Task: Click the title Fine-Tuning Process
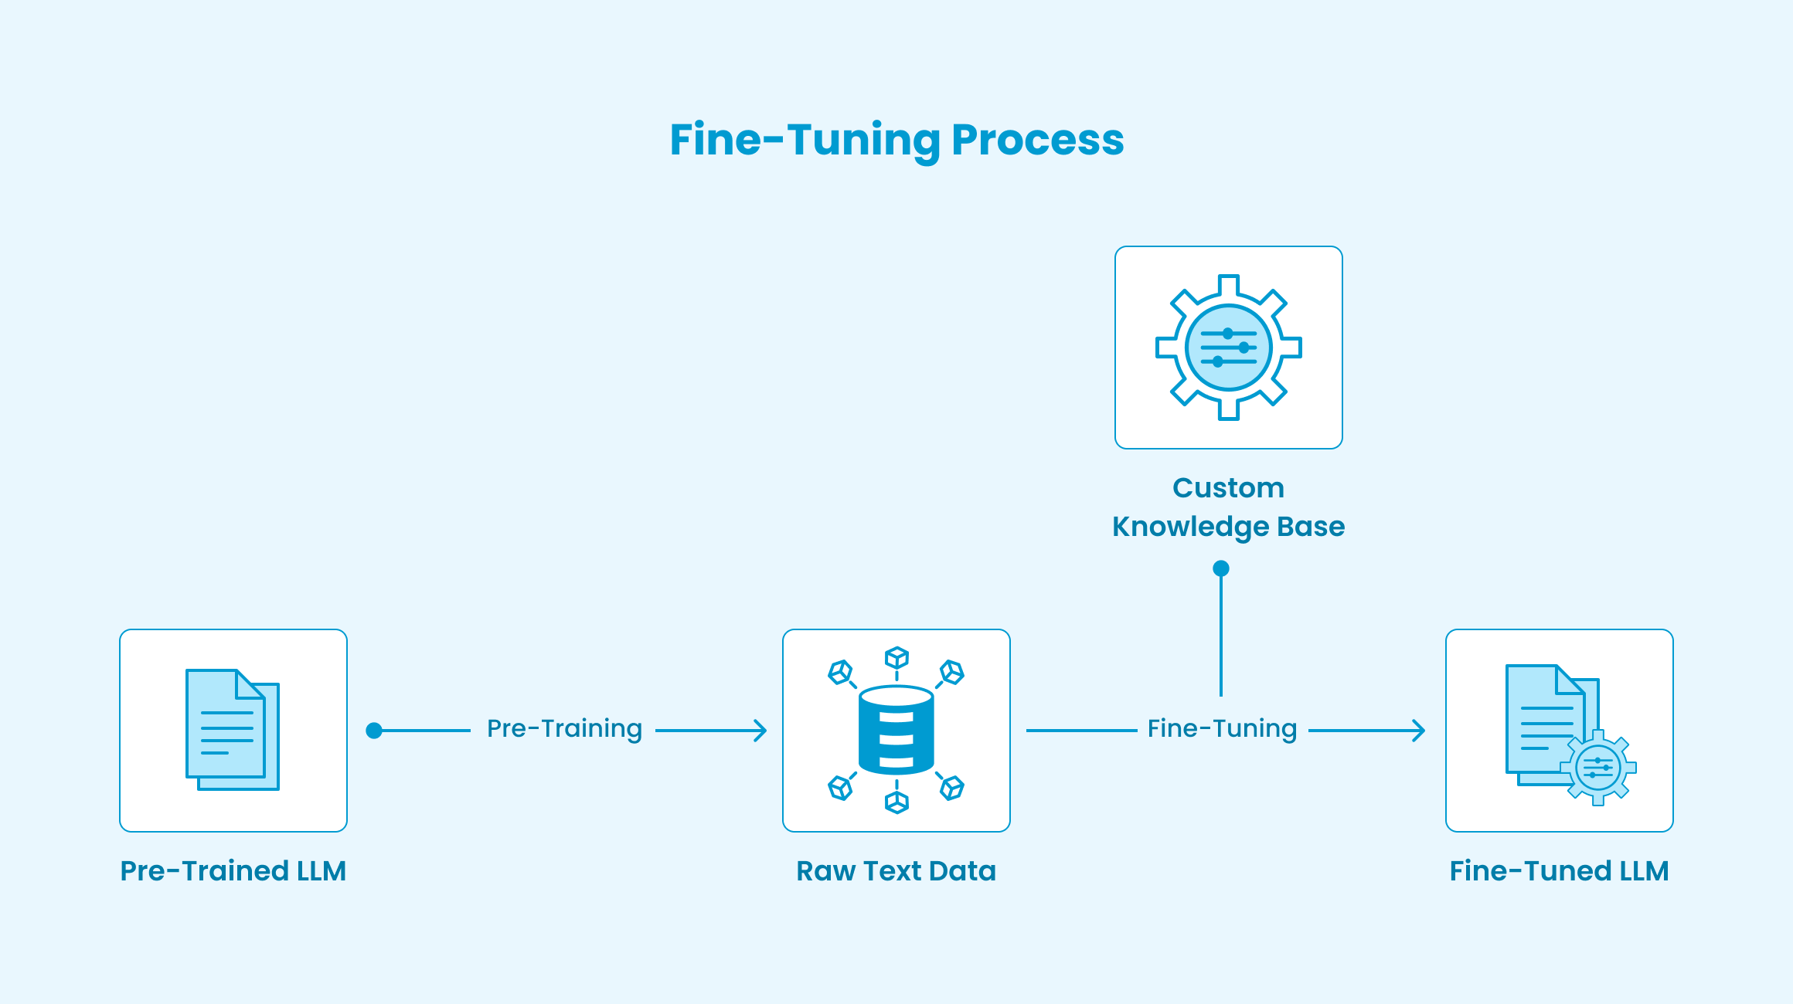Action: click(x=896, y=140)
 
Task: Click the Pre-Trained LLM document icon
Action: click(x=233, y=730)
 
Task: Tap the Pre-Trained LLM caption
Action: click(x=233, y=871)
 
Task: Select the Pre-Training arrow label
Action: click(x=564, y=729)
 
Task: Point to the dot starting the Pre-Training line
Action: click(x=374, y=731)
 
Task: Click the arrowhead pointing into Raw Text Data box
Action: click(x=761, y=731)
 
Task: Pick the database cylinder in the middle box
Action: click(x=896, y=731)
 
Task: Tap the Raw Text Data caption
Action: click(x=896, y=871)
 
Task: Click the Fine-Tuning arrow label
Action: click(x=1222, y=729)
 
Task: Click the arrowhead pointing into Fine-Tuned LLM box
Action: click(x=1420, y=731)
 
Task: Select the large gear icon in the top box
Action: click(x=1229, y=348)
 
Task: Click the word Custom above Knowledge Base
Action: click(x=1229, y=488)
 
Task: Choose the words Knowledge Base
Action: click(x=1229, y=527)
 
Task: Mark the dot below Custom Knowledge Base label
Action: click(x=1221, y=569)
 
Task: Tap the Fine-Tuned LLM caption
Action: click(x=1560, y=871)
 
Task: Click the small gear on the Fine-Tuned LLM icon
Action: click(x=1597, y=768)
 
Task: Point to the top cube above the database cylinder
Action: click(x=896, y=658)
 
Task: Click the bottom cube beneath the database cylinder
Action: click(x=896, y=802)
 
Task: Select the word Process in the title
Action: click(x=1038, y=140)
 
